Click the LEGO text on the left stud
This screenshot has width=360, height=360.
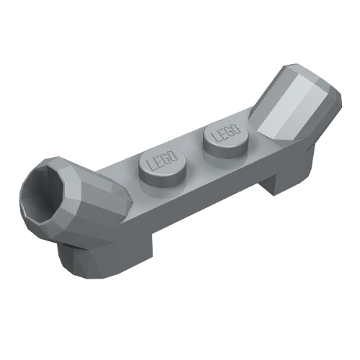(x=163, y=161)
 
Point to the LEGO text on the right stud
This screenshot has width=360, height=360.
(x=226, y=132)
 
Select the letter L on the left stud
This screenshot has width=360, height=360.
(x=151, y=165)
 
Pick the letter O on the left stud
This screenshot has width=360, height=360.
(x=174, y=156)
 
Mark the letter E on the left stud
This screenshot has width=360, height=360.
(x=159, y=162)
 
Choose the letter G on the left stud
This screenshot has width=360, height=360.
(x=166, y=159)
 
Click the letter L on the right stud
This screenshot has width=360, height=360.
(x=215, y=137)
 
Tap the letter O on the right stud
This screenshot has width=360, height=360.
(x=236, y=129)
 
